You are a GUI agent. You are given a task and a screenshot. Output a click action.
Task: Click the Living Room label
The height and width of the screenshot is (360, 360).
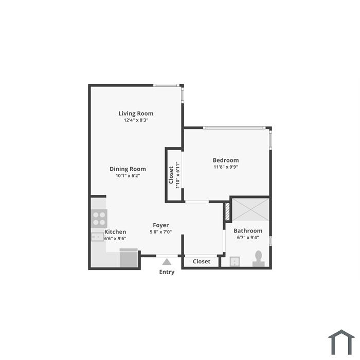pyautogui.click(x=136, y=114)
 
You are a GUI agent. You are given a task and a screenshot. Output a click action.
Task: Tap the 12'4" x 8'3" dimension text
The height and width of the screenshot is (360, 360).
pyautogui.click(x=136, y=120)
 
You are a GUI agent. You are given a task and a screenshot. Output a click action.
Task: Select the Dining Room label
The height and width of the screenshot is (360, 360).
pyautogui.click(x=128, y=169)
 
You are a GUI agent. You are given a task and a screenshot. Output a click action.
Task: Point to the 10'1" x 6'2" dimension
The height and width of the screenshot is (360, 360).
pyautogui.click(x=128, y=176)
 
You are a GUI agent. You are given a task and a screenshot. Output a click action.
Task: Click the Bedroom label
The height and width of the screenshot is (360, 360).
pyautogui.click(x=226, y=160)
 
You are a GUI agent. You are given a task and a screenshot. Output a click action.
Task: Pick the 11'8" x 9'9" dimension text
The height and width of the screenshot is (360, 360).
pyautogui.click(x=226, y=167)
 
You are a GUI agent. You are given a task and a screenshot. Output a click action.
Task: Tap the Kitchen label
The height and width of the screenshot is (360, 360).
pyautogui.click(x=115, y=232)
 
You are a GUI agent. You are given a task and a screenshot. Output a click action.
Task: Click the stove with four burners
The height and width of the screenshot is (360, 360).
pyautogui.click(x=99, y=219)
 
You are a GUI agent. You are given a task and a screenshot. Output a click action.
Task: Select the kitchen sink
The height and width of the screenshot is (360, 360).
pyautogui.click(x=97, y=237)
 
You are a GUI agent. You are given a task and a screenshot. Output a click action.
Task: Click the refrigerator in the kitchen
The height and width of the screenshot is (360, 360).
pyautogui.click(x=129, y=258)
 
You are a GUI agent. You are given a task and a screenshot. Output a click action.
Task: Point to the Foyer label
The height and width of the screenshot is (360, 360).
pyautogui.click(x=160, y=225)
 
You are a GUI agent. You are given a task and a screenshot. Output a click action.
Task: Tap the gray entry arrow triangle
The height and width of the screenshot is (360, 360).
pyautogui.click(x=167, y=262)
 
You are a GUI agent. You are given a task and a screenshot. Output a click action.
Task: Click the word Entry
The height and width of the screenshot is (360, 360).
pyautogui.click(x=167, y=272)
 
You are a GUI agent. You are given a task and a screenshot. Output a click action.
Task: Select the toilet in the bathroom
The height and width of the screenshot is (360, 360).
pyautogui.click(x=259, y=259)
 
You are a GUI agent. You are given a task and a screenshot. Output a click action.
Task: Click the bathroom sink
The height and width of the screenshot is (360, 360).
pyautogui.click(x=235, y=262)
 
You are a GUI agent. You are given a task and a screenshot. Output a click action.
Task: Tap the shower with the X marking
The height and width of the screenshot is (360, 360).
pyautogui.click(x=251, y=210)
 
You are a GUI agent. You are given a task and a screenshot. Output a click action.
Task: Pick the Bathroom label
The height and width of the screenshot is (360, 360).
pyautogui.click(x=248, y=231)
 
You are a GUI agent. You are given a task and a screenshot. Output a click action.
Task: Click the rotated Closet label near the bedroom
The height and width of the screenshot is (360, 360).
pyautogui.click(x=171, y=175)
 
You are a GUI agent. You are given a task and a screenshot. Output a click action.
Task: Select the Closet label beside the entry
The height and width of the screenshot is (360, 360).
pyautogui.click(x=202, y=261)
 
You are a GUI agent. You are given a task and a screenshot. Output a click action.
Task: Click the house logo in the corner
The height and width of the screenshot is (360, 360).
pyautogui.click(x=341, y=342)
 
